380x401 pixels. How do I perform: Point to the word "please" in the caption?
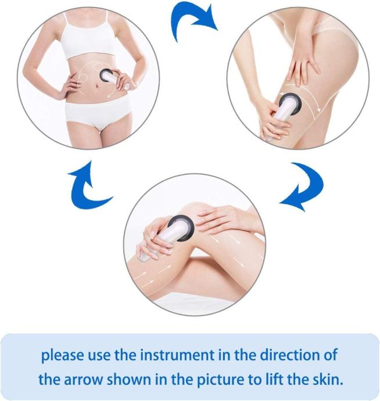pos(62,356)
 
